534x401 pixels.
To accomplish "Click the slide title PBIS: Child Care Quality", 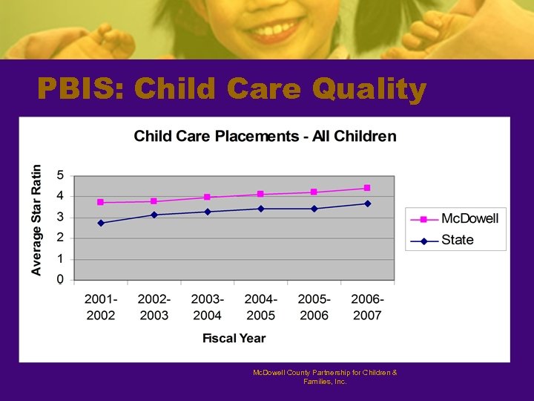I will [232, 90].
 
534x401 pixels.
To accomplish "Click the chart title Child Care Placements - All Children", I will [265, 136].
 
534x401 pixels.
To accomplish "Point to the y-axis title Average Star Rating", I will [36, 220].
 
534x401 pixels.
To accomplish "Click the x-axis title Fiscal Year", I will [234, 338].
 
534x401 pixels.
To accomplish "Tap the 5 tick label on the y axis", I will [60, 175].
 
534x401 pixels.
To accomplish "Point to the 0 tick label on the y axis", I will [60, 279].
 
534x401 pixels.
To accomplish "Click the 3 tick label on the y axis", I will [60, 217].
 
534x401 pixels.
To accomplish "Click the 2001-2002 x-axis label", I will [101, 307].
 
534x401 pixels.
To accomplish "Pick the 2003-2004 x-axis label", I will [208, 307].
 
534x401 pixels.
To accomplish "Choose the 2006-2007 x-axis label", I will [367, 307].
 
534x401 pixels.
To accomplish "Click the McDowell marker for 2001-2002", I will [101, 202].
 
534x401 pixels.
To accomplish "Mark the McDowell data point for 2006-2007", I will [367, 188].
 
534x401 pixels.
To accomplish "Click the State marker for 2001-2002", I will [101, 223].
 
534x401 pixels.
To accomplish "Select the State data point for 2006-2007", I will [367, 203].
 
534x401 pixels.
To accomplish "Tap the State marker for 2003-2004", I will [208, 212].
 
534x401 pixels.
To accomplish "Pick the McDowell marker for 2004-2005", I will [260, 194].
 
